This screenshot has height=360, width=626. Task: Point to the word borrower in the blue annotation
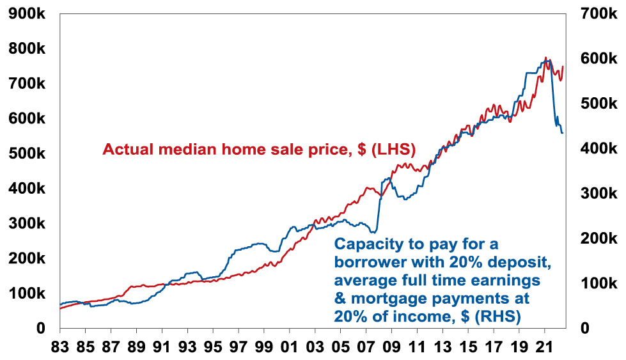(373, 262)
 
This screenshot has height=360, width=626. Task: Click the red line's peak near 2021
(545, 58)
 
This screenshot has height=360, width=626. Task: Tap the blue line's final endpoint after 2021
(563, 132)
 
